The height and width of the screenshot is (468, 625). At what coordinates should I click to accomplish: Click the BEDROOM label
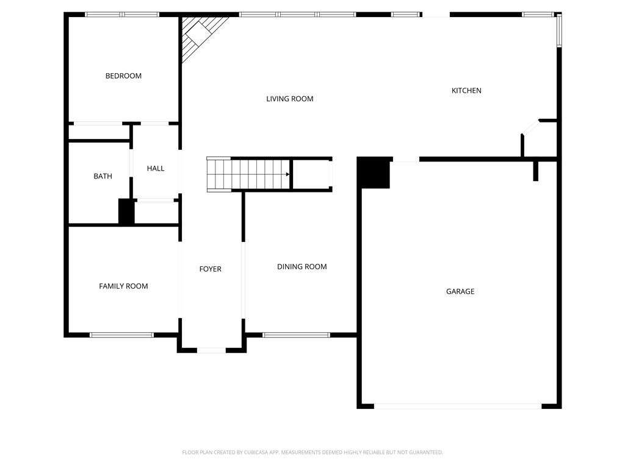click(123, 76)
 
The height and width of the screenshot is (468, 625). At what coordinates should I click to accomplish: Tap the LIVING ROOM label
click(289, 99)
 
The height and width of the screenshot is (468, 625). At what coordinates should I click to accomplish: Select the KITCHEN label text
click(466, 91)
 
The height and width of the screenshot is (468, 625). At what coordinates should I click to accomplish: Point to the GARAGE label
click(460, 292)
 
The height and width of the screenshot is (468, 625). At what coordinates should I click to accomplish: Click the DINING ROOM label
click(302, 267)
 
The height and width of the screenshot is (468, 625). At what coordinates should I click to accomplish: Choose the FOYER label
click(210, 269)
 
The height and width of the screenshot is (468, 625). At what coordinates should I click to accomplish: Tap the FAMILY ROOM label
click(123, 286)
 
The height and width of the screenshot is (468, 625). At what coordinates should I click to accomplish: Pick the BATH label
click(103, 177)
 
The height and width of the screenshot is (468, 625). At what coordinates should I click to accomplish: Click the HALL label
click(156, 169)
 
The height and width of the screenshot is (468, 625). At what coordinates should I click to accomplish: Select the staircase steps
click(247, 174)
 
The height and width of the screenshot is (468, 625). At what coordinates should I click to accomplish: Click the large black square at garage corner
click(374, 173)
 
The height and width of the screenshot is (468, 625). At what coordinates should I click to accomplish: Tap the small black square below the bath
click(126, 212)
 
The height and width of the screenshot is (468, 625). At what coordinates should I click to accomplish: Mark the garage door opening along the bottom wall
click(457, 406)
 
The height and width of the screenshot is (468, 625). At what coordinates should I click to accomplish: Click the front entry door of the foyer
click(211, 350)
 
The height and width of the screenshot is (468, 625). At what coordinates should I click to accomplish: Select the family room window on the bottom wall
click(121, 335)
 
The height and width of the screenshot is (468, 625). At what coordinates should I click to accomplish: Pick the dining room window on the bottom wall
click(296, 335)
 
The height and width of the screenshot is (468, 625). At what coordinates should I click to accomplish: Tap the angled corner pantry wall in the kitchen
click(530, 127)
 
